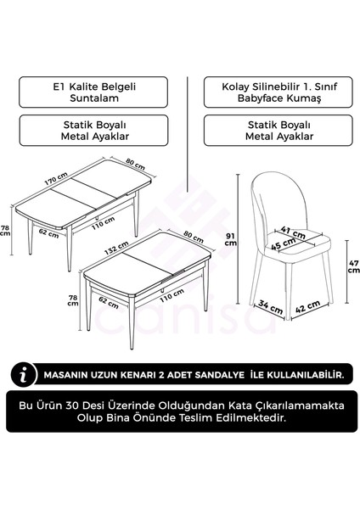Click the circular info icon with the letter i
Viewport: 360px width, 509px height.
[27, 373]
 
